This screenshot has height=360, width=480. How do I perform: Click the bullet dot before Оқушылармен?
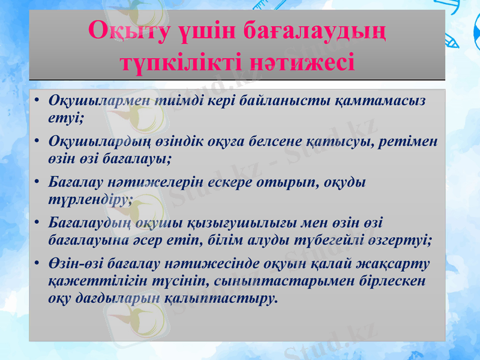[37, 100]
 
